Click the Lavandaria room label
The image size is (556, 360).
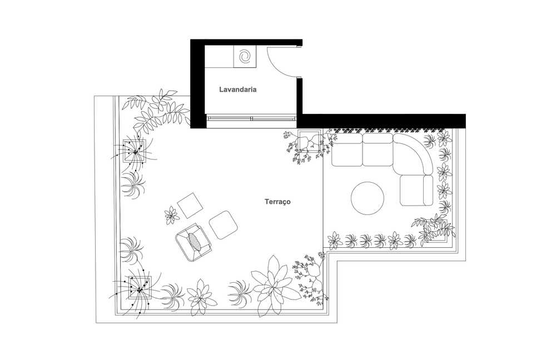tap(237, 89)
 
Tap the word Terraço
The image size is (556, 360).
tap(277, 202)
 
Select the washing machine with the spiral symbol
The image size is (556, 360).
tap(244, 56)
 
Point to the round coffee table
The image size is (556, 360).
tap(368, 198)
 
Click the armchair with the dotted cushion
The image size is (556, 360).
tap(193, 243)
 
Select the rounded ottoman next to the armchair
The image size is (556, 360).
tap(223, 224)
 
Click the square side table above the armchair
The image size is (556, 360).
tap(190, 206)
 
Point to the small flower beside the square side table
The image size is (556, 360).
tap(171, 215)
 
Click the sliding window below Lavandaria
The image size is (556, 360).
tap(251, 118)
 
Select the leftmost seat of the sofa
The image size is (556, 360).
tap(347, 149)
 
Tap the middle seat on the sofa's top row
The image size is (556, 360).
tap(378, 149)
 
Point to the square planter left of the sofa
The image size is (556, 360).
tap(309, 141)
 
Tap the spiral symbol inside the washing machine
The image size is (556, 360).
tap(245, 56)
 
